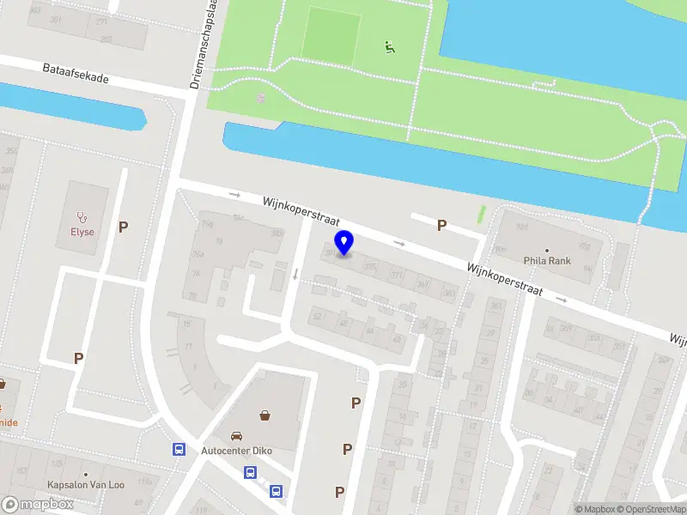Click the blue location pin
[x=344, y=243]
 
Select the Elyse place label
[x=82, y=232]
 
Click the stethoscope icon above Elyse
[x=82, y=216]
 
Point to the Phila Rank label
[x=546, y=260]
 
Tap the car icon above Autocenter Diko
[x=237, y=436]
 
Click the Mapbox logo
[x=38, y=505]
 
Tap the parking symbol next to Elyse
[x=124, y=227]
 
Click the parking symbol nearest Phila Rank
[x=442, y=225]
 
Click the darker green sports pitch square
[x=331, y=34]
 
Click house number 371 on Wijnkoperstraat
[x=396, y=275]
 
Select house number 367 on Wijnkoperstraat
[x=422, y=284]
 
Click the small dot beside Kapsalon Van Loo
[x=86, y=474]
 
